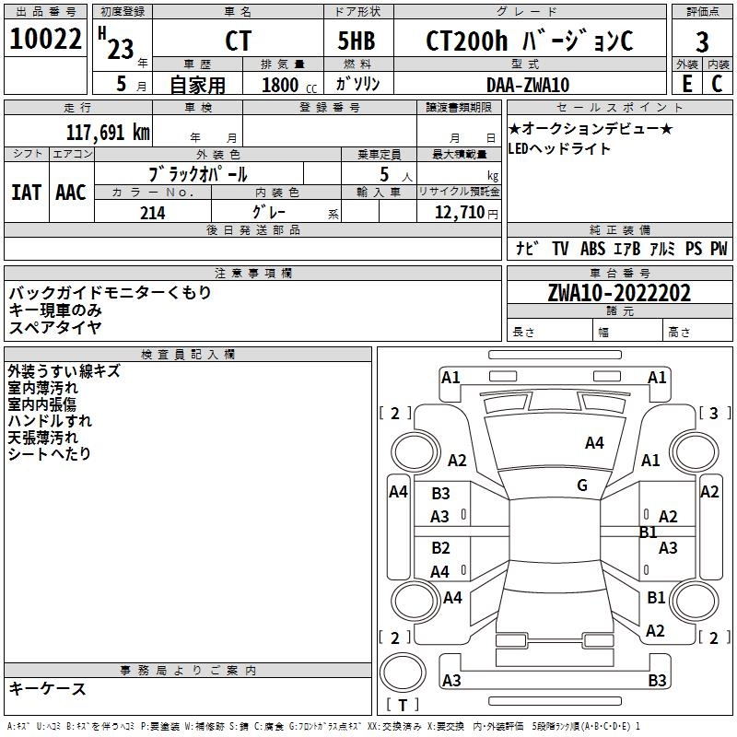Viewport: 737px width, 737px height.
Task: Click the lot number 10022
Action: point(45,40)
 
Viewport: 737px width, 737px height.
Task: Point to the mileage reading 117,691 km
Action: point(108,133)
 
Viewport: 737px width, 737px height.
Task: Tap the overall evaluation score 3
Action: point(702,42)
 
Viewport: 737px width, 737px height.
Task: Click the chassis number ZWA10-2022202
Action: point(619,293)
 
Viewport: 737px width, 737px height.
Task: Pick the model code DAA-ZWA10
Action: point(528,85)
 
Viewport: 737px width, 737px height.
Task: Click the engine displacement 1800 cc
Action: point(287,85)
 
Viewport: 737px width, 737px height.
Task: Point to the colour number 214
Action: point(153,213)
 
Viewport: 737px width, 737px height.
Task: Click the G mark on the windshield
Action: point(582,485)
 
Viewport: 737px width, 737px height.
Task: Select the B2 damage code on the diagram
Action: point(440,548)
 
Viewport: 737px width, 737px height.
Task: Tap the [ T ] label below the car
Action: point(402,706)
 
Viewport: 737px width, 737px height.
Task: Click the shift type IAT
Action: point(26,193)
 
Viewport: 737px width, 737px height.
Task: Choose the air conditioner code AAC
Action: point(70,193)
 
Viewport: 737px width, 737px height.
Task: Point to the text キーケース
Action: point(48,688)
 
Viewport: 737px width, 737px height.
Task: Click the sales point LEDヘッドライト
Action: point(559,149)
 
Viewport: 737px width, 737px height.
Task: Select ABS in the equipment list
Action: point(592,249)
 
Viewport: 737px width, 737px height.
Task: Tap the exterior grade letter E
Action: point(686,84)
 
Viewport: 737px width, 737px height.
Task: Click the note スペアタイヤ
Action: point(55,326)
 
